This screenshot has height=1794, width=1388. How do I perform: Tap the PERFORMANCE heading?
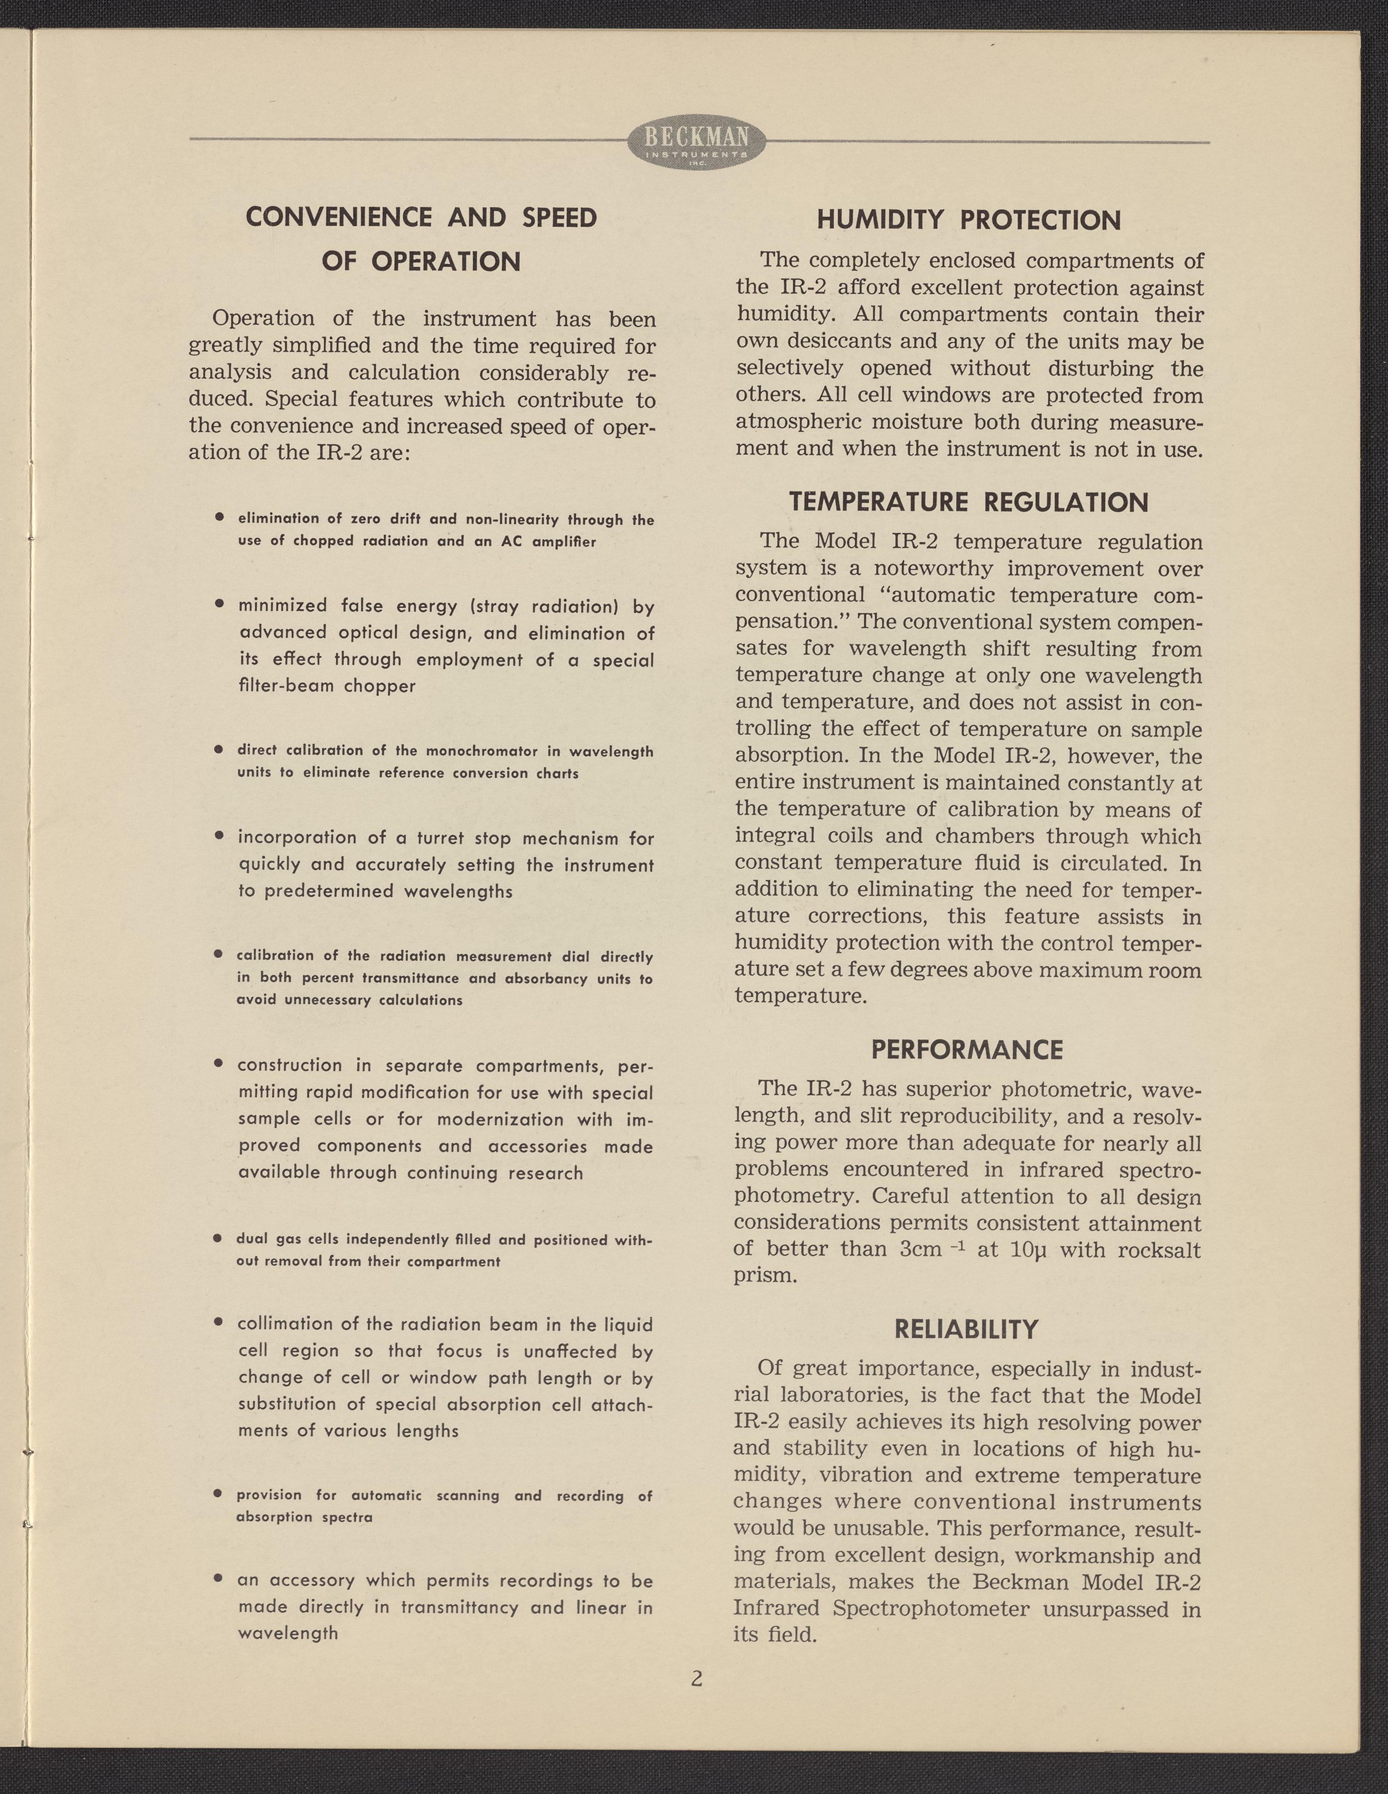tap(966, 1050)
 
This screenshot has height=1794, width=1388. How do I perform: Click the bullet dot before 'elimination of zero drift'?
tap(220, 517)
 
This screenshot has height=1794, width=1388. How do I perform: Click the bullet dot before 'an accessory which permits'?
tap(218, 1578)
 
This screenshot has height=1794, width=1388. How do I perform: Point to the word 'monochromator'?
tap(481, 751)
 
